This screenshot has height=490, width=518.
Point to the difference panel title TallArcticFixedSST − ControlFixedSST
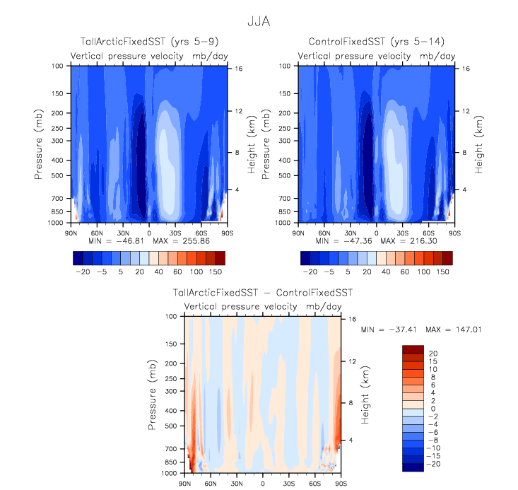263,292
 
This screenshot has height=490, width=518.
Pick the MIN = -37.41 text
386,329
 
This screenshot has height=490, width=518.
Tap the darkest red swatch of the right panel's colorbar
447,257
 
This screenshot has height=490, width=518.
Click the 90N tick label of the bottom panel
184,483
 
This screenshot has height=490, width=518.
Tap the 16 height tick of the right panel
466,69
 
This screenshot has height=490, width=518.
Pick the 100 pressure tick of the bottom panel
170,317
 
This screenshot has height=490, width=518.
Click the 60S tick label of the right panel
428,231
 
